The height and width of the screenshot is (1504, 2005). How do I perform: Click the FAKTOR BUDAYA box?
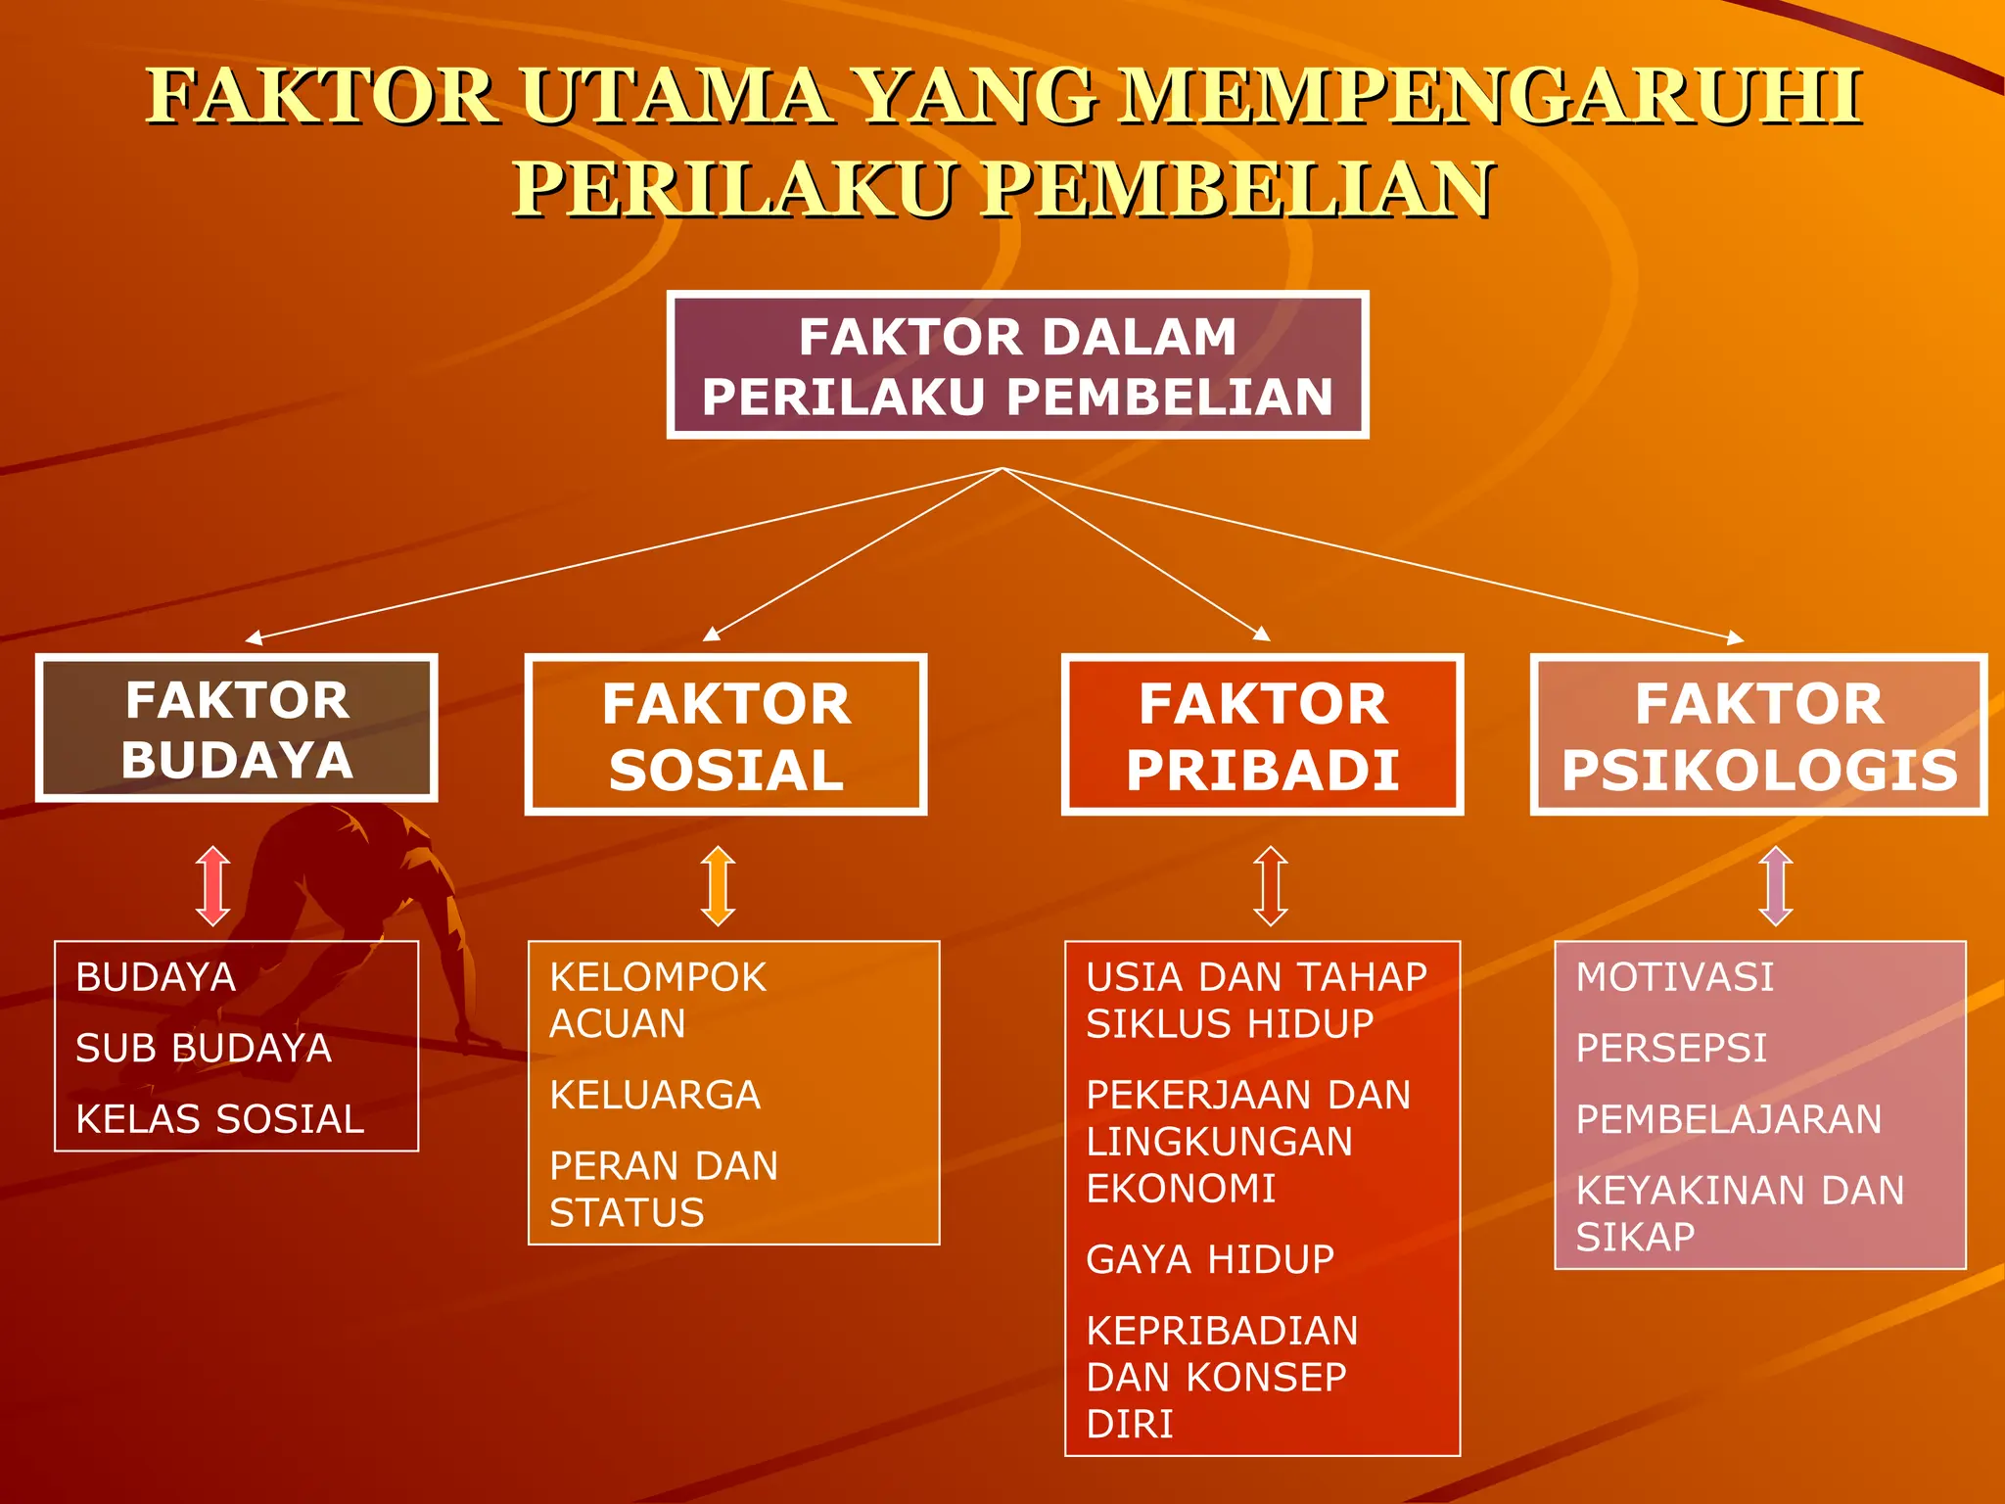tap(236, 728)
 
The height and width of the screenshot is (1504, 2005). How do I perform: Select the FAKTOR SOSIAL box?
tap(725, 735)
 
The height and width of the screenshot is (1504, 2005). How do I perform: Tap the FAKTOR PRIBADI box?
tap(1262, 735)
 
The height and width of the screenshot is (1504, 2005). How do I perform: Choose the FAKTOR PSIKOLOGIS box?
tap(1758, 735)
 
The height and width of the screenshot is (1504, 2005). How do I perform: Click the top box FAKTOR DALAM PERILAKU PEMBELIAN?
tap(1017, 365)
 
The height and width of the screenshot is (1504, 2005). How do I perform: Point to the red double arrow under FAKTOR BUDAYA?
tap(212, 886)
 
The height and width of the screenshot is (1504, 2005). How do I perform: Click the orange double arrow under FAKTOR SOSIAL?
tap(718, 886)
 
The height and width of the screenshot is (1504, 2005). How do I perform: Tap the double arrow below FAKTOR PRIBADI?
tap(1271, 886)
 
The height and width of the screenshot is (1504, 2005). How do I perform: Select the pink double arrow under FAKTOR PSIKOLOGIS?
tap(1776, 886)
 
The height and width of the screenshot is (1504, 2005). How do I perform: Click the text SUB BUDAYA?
tap(204, 1049)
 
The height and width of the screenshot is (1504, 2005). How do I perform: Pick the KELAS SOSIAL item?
tap(220, 1119)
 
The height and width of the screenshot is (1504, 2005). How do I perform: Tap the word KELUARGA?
tap(655, 1095)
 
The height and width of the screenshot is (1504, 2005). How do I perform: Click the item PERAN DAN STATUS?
tap(664, 1189)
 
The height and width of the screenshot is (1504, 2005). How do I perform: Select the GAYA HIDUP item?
tap(1210, 1259)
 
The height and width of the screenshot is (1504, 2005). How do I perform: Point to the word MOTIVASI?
tap(1674, 977)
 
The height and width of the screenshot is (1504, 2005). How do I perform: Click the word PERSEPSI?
tap(1671, 1049)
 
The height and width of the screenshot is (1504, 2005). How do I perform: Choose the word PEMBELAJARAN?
tap(1729, 1119)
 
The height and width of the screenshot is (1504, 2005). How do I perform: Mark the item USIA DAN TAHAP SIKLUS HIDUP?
tap(1256, 1000)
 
